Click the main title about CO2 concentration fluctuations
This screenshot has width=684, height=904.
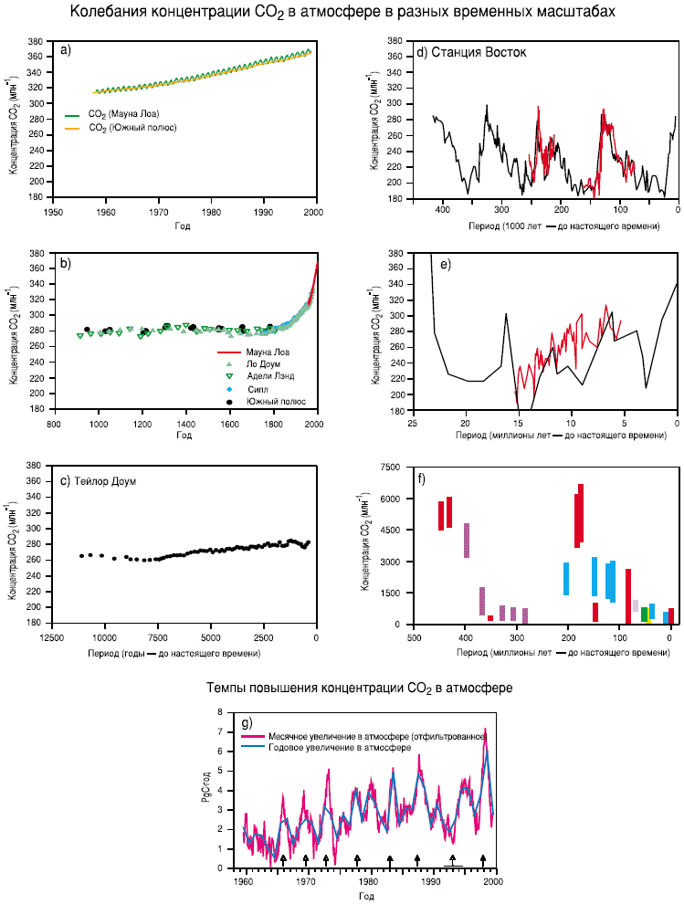click(x=342, y=12)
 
